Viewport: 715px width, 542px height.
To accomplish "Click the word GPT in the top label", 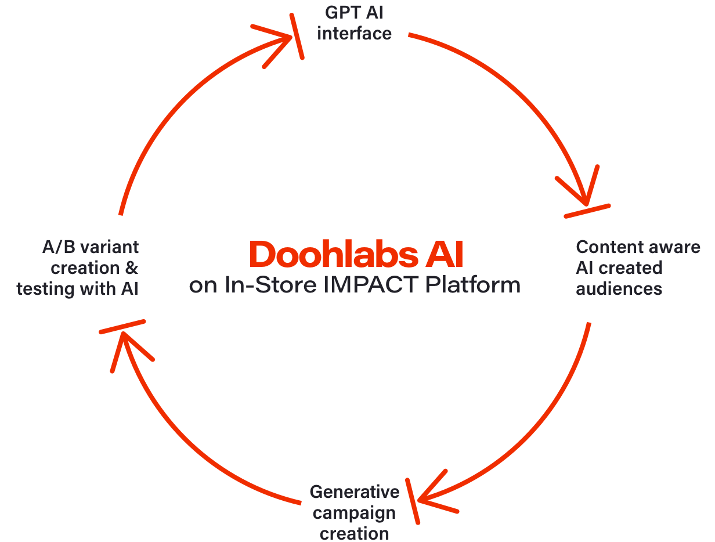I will [x=341, y=13].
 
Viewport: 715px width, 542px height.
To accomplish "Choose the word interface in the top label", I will [x=354, y=33].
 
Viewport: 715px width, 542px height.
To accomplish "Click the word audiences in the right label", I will [x=619, y=288].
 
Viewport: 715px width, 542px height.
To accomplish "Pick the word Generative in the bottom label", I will [x=354, y=492].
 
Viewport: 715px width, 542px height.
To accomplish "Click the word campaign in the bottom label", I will [x=358, y=513].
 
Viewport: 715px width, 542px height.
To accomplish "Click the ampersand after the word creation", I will [x=132, y=268].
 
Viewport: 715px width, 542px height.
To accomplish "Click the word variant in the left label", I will [x=109, y=247].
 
